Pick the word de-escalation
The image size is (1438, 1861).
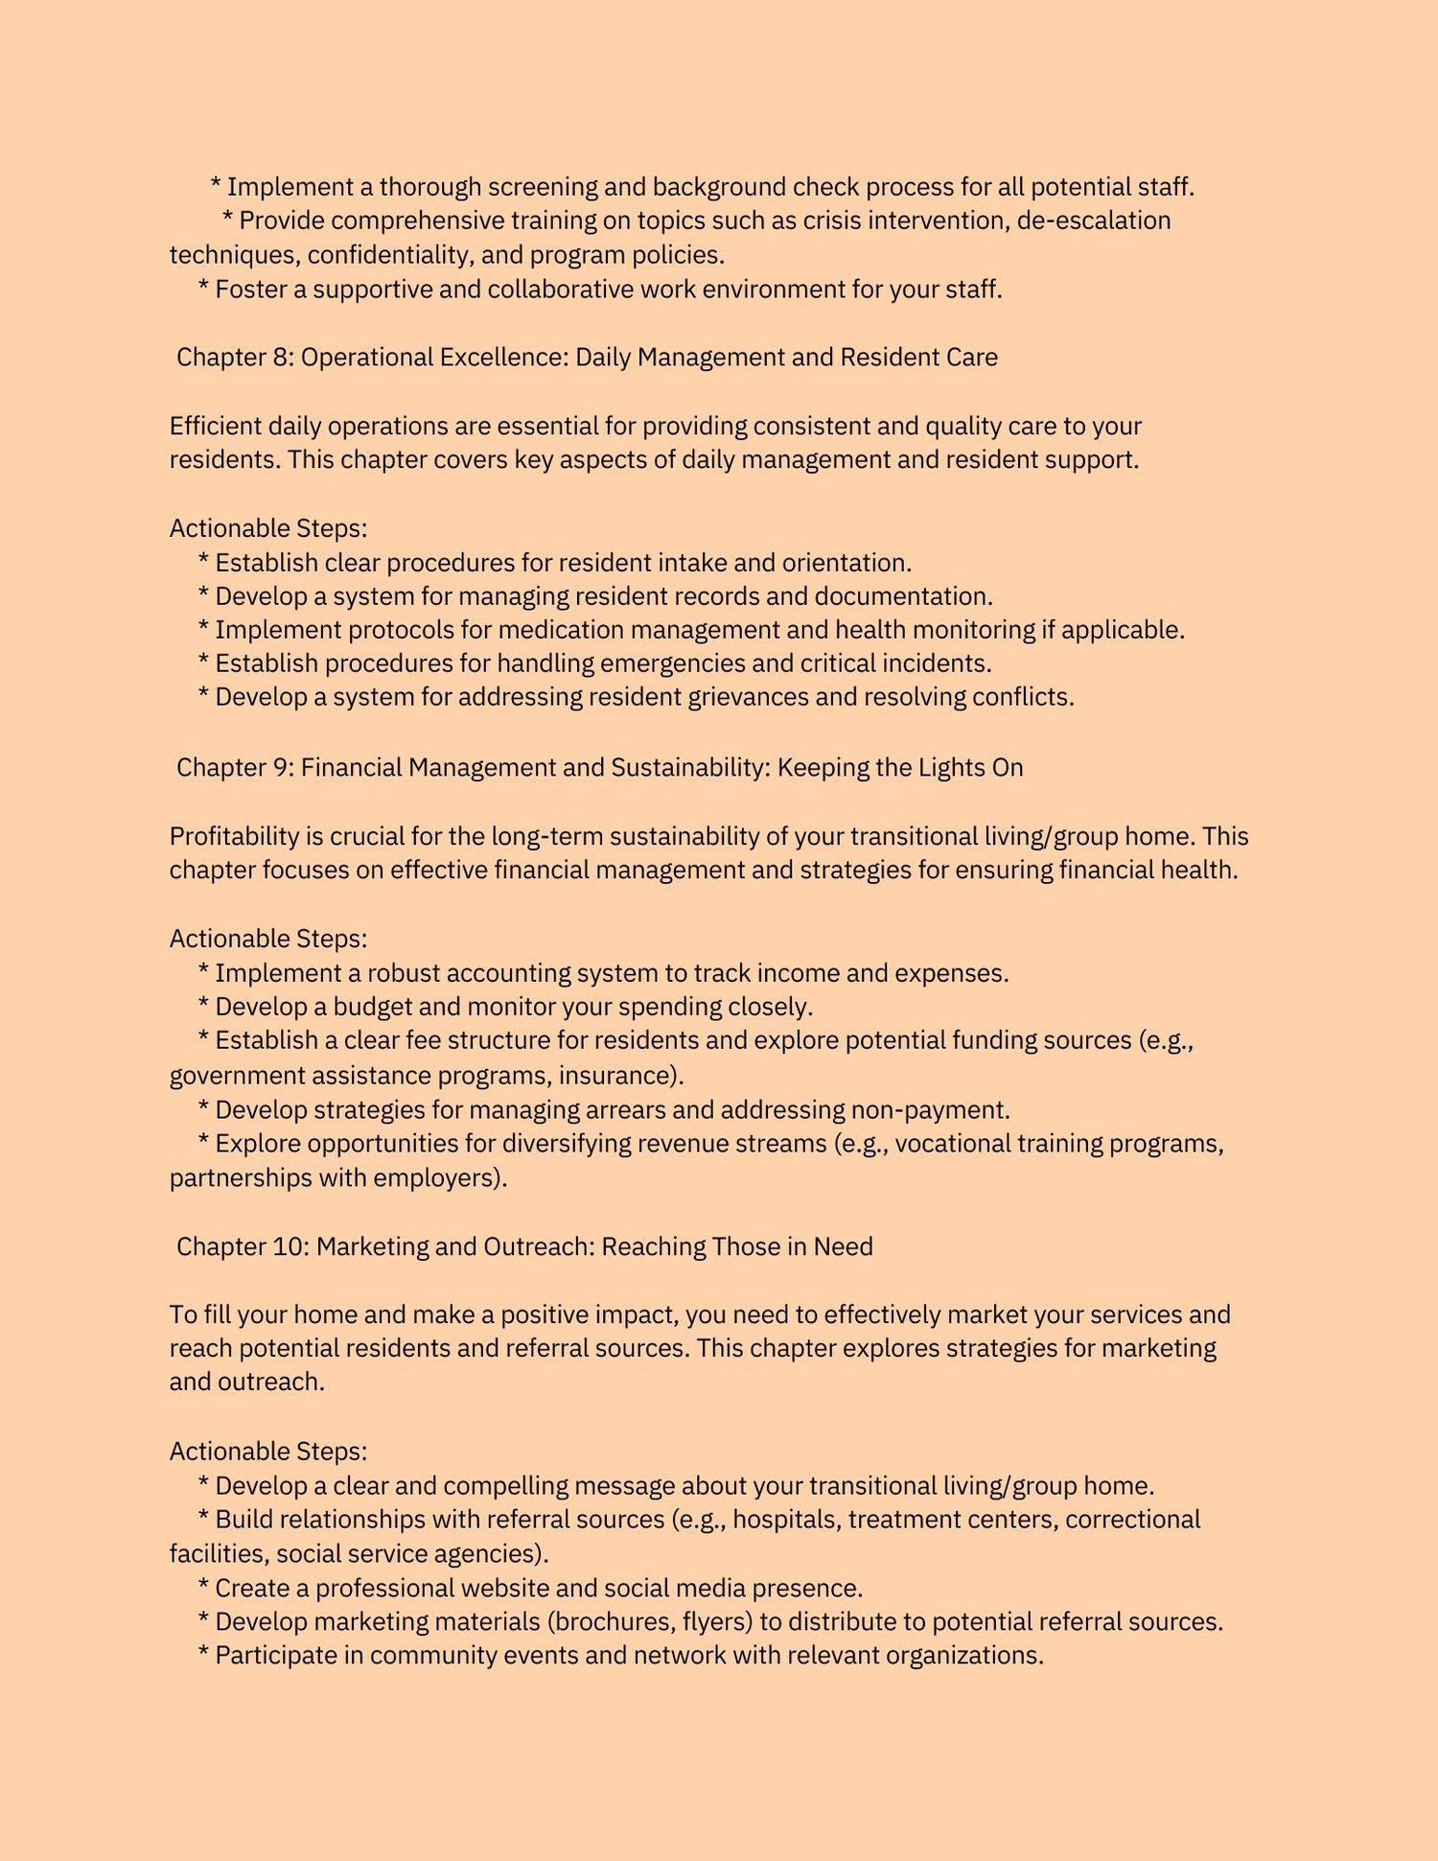coord(1094,221)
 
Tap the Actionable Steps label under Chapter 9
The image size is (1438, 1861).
coord(268,939)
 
